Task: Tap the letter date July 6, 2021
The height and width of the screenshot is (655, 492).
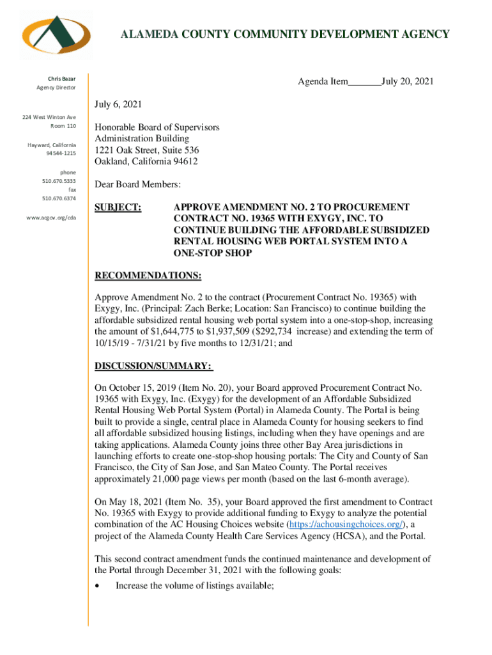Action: (118, 104)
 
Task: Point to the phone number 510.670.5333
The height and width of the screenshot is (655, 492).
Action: (59, 182)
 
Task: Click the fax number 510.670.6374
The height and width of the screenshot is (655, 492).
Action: (59, 199)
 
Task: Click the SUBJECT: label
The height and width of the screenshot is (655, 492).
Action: (118, 208)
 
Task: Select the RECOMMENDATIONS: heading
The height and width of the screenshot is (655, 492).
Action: (148, 276)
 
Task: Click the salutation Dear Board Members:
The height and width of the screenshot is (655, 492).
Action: (138, 185)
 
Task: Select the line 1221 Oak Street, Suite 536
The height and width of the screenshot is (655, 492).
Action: (147, 150)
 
